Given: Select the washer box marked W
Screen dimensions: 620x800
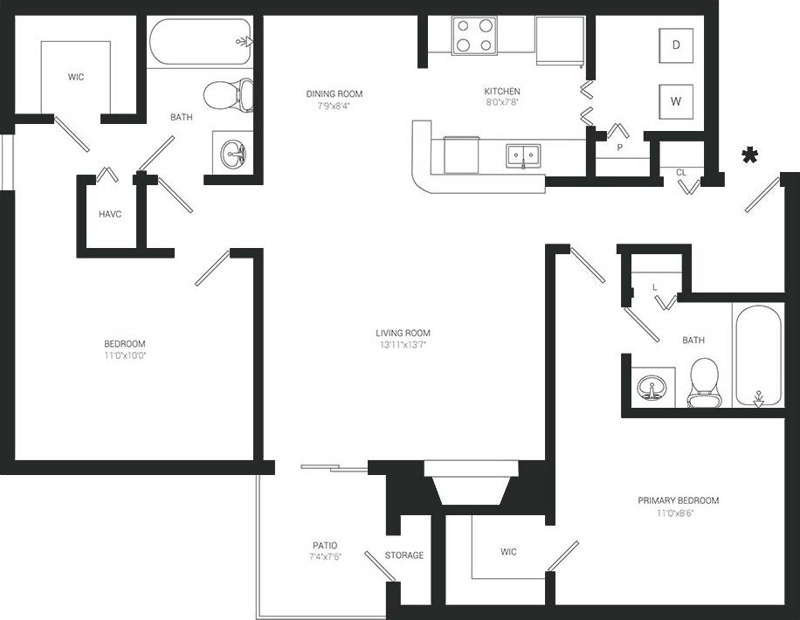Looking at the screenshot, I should tap(675, 100).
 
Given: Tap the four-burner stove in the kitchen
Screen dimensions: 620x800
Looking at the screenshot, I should tap(474, 36).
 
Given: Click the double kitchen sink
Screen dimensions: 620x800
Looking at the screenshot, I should tap(523, 156).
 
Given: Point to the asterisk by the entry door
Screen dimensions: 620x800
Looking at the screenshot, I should tap(749, 156).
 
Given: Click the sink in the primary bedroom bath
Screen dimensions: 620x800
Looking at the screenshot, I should tap(652, 387).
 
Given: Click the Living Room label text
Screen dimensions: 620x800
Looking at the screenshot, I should tap(403, 333).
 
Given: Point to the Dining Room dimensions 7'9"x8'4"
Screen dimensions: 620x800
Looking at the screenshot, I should tap(334, 107).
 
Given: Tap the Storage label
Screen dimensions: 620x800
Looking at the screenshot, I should tap(404, 555).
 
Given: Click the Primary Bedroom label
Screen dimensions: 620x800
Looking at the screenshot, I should tap(678, 500).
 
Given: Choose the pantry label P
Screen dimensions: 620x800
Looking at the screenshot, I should tap(619, 148).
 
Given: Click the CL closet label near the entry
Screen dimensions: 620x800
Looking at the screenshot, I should tap(681, 172).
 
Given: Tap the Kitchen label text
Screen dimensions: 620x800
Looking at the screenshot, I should tap(502, 91).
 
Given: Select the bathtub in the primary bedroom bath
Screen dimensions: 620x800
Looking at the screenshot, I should tap(757, 356).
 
